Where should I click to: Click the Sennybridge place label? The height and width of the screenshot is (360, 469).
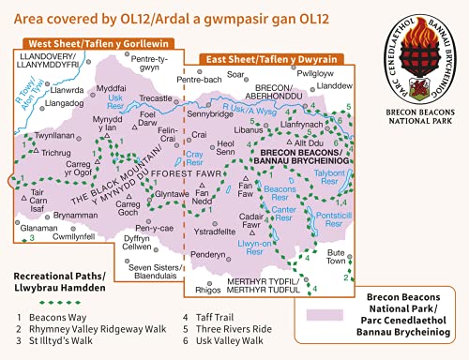tap(208, 112)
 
